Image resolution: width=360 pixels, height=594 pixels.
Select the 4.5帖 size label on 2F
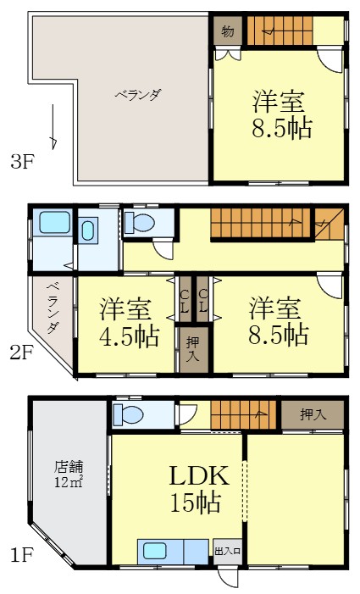pyautogui.click(x=128, y=336)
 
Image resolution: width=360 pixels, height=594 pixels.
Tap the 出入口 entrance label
pyautogui.click(x=229, y=552)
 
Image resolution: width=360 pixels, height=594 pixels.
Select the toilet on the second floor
pyautogui.click(x=141, y=222)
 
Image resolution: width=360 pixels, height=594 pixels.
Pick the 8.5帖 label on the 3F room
pyautogui.click(x=280, y=128)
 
